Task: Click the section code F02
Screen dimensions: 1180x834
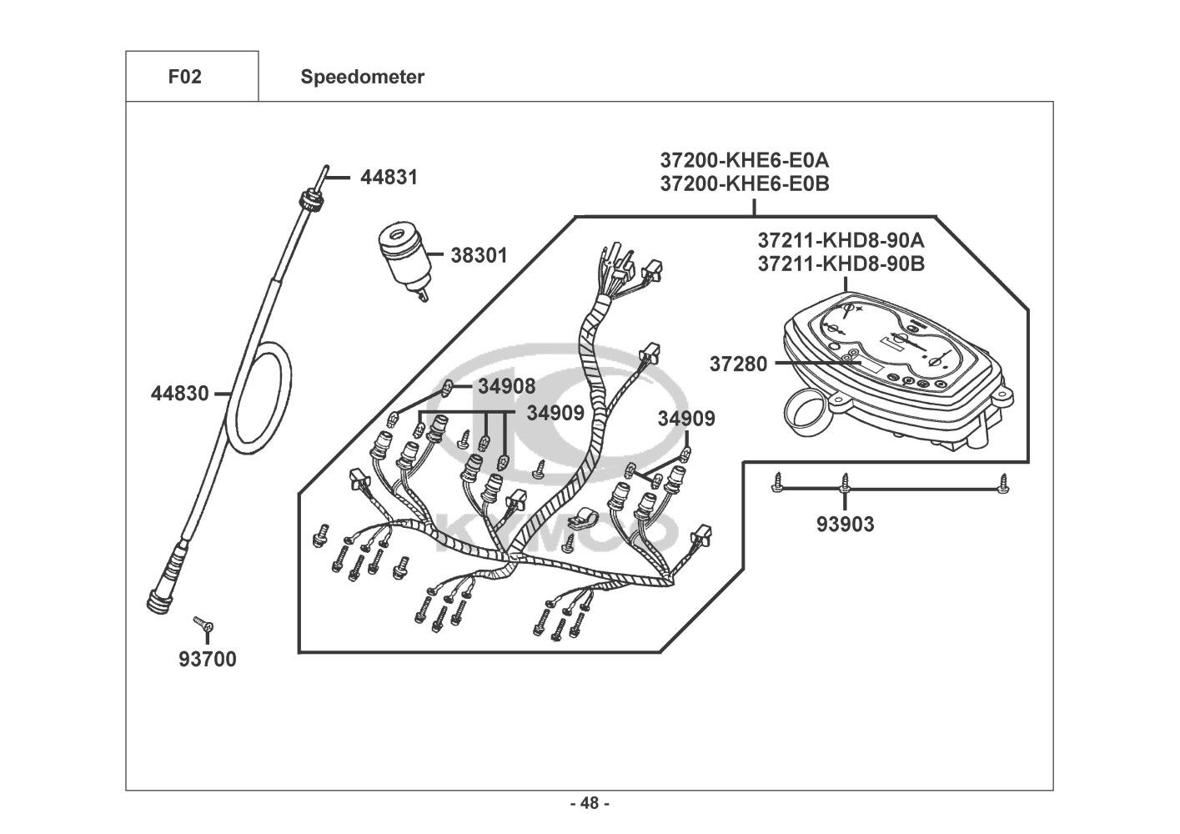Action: click(x=184, y=77)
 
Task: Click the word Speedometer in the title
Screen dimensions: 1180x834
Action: click(x=363, y=77)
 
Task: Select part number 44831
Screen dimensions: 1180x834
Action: click(x=389, y=178)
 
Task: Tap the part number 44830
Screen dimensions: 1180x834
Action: click(x=179, y=394)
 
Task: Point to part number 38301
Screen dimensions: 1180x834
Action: click(x=479, y=255)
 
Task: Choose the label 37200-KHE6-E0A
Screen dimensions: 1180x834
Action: click(x=745, y=159)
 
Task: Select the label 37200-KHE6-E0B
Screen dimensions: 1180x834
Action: click(x=745, y=183)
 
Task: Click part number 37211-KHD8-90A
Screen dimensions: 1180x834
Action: click(x=841, y=240)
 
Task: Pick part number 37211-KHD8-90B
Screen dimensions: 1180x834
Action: click(x=841, y=264)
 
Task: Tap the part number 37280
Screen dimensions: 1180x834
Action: click(x=738, y=364)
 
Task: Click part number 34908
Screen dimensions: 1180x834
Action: click(x=506, y=386)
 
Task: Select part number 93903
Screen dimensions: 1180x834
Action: click(x=845, y=525)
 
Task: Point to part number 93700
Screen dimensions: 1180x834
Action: click(x=208, y=659)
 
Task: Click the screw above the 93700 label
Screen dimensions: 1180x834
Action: click(x=203, y=624)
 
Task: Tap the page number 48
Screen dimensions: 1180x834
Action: click(x=590, y=803)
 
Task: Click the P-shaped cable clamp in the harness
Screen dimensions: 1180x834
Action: click(x=580, y=519)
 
